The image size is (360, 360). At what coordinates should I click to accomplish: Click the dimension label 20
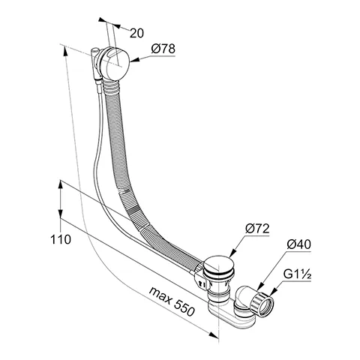pyautogui.click(x=136, y=33)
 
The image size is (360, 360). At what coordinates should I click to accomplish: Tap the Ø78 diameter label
pyautogui.click(x=163, y=49)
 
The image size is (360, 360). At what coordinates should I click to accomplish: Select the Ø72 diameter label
pyautogui.click(x=257, y=229)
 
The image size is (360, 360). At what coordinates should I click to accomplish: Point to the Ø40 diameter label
pyautogui.click(x=298, y=244)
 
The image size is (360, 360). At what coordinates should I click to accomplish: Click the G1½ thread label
pyautogui.click(x=297, y=274)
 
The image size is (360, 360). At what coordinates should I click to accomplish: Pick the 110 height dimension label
pyautogui.click(x=61, y=239)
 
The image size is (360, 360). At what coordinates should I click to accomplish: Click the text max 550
pyautogui.click(x=172, y=301)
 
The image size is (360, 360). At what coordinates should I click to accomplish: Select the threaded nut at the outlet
pyautogui.click(x=262, y=304)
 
